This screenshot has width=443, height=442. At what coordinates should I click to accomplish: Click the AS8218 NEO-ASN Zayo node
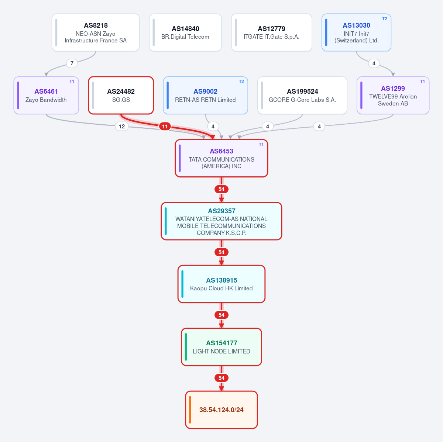(96, 32)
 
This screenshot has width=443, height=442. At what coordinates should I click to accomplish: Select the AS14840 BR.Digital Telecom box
(185, 32)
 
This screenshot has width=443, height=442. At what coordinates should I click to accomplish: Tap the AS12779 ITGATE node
(271, 32)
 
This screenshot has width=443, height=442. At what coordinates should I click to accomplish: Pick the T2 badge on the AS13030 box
(385, 19)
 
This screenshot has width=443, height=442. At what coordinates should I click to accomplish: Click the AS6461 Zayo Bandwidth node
(46, 95)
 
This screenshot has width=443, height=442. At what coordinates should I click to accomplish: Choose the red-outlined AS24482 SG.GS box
(121, 95)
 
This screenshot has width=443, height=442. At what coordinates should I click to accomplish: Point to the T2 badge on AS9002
(241, 82)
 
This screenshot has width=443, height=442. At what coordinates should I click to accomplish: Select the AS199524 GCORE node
(302, 95)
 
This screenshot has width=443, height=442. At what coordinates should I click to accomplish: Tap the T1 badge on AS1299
(423, 82)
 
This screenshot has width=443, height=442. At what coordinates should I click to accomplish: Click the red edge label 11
(165, 127)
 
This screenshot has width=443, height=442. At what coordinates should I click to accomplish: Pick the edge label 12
(122, 127)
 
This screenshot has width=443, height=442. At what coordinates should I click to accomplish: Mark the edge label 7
(72, 63)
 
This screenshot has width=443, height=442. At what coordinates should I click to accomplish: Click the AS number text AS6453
(221, 151)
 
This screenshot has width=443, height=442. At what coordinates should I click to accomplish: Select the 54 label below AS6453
(221, 189)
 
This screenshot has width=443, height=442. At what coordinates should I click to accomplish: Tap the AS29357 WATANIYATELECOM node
(221, 221)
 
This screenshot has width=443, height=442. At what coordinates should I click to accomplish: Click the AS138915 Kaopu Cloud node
(221, 284)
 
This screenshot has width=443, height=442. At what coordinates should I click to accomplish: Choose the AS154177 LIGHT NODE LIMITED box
(221, 347)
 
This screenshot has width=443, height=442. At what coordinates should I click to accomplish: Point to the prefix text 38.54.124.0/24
(221, 410)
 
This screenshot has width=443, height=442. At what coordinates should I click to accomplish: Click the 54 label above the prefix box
(221, 378)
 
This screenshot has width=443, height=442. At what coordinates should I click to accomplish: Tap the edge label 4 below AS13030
(374, 63)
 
